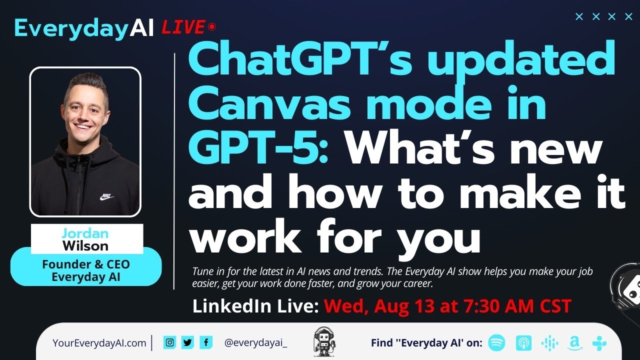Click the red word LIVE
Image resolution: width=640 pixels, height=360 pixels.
[x=183, y=27]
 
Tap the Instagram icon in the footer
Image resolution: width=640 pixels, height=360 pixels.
[x=170, y=342]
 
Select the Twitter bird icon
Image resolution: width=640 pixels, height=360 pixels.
[x=187, y=342]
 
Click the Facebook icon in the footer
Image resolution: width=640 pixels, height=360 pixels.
[x=205, y=342]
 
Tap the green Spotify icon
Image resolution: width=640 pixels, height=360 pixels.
[x=496, y=343]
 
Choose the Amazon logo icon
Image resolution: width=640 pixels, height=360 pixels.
[x=574, y=343]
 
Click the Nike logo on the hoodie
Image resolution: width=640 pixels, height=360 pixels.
[x=106, y=196]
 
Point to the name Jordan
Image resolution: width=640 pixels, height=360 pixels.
[x=85, y=233]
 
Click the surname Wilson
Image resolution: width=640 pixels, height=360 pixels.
[x=85, y=245]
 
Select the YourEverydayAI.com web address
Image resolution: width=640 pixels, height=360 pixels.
[x=99, y=343]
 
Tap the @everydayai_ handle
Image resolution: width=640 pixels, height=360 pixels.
[x=256, y=343]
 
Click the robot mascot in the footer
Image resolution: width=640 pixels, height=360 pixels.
[x=323, y=342]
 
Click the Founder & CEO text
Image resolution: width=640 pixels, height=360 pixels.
[x=85, y=264]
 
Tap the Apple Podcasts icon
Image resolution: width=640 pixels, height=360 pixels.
[x=523, y=343]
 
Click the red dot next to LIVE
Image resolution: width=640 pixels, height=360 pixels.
[x=212, y=26]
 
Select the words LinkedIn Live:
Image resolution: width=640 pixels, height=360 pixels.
[x=255, y=306]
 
